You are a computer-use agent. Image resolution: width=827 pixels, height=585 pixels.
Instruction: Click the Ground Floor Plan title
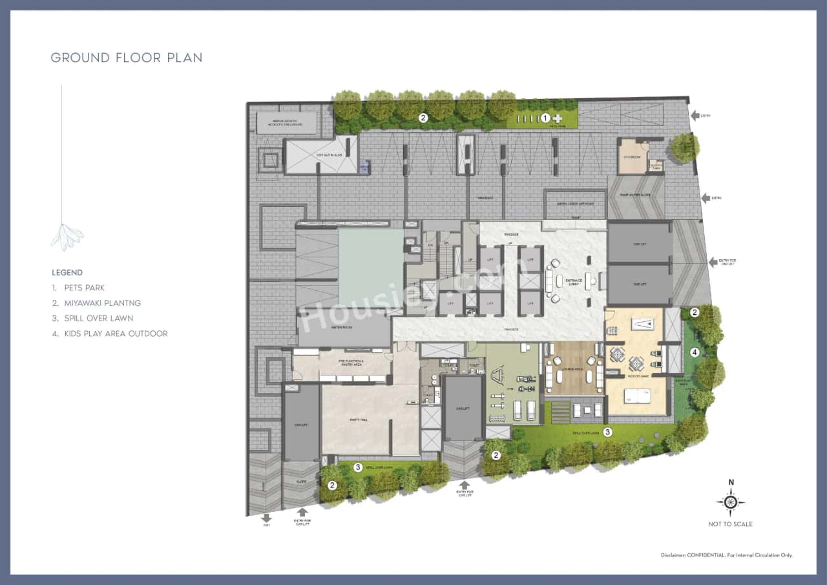tap(127, 58)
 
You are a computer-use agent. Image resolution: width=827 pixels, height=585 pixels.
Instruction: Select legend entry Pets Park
tap(84, 288)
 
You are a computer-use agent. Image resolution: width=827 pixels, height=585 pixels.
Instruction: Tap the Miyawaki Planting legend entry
tap(102, 303)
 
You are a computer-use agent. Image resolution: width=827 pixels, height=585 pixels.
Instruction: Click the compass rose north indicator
tap(731, 502)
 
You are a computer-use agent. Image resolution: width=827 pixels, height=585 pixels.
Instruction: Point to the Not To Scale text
tap(730, 524)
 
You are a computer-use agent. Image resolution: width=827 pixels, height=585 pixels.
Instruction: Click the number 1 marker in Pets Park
tap(545, 118)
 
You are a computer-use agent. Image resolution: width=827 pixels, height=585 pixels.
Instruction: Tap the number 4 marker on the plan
tap(695, 352)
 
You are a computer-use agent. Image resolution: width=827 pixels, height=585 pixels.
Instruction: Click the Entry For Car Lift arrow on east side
tap(713, 262)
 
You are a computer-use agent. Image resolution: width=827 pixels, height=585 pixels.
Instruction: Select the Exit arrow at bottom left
tap(267, 518)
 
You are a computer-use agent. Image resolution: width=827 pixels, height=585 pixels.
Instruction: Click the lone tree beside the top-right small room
tap(684, 148)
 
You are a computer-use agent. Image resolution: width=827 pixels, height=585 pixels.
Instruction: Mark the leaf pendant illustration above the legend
tap(67, 237)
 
